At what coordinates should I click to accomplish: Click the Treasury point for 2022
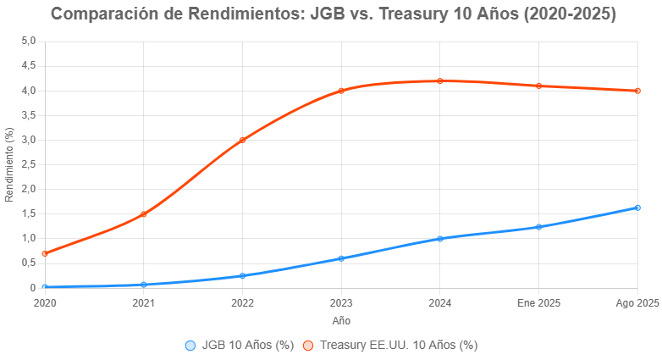pyautogui.click(x=242, y=140)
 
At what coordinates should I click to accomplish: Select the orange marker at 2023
pyautogui.click(x=341, y=91)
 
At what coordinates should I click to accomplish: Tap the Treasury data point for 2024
pyautogui.click(x=440, y=80)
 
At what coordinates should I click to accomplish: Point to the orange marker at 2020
pyautogui.click(x=45, y=253)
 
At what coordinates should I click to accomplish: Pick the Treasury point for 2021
pyautogui.click(x=144, y=213)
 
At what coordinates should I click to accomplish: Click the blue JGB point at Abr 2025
pyautogui.click(x=637, y=208)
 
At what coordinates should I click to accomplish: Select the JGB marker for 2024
pyautogui.click(x=440, y=239)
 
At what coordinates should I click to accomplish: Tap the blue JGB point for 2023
pyautogui.click(x=341, y=258)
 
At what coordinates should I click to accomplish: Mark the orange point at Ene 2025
pyautogui.click(x=538, y=86)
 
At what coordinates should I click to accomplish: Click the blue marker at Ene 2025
pyautogui.click(x=538, y=227)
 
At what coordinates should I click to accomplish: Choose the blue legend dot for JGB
pyautogui.click(x=190, y=345)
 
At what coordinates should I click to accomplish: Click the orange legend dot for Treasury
pyautogui.click(x=308, y=345)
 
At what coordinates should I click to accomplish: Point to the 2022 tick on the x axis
pyautogui.click(x=242, y=302)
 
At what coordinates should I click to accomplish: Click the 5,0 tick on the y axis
pyautogui.click(x=29, y=41)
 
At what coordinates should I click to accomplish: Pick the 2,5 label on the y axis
pyautogui.click(x=29, y=164)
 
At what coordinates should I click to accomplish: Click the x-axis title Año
pyautogui.click(x=341, y=321)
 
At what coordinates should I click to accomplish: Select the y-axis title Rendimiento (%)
pyautogui.click(x=9, y=164)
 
